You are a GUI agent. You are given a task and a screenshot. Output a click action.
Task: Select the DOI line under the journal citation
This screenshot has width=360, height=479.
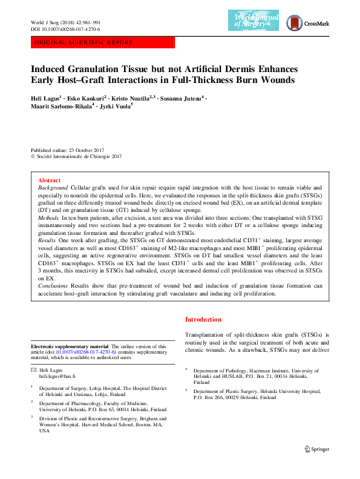65,29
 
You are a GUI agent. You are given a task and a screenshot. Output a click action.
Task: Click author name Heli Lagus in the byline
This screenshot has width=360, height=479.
45,97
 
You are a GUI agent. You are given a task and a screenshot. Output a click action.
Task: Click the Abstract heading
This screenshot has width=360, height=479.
49,180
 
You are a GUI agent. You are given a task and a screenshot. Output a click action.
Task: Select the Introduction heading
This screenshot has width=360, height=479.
203,319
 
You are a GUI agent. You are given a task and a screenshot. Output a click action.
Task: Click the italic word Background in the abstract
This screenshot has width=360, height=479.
51,189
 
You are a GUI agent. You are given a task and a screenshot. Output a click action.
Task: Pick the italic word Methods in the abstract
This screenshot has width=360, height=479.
48,216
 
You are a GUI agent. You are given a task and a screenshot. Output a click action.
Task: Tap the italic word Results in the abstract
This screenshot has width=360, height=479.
47,240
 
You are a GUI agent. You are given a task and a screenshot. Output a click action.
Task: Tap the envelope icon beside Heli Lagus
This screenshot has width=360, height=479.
34,369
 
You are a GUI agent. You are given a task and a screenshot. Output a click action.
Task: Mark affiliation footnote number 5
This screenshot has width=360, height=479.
186,391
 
